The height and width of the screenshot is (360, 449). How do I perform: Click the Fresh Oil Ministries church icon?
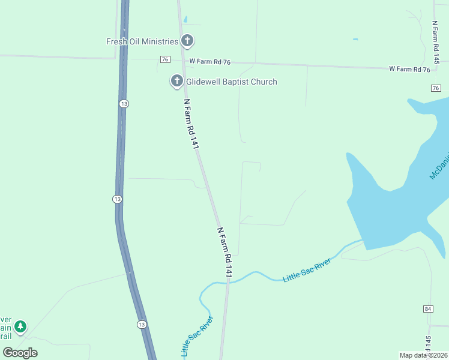pyautogui.click(x=188, y=41)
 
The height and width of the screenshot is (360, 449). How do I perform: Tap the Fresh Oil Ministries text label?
pyautogui.click(x=142, y=41)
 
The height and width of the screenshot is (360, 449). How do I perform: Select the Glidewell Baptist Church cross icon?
pyautogui.click(x=177, y=80)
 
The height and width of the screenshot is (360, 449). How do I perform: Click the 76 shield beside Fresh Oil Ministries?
pyautogui.click(x=165, y=59)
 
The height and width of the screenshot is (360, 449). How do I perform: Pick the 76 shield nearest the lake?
pyautogui.click(x=436, y=88)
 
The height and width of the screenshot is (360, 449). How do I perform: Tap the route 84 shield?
pyautogui.click(x=427, y=308)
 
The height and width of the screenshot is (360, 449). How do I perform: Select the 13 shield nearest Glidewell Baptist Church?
pyautogui.click(x=124, y=104)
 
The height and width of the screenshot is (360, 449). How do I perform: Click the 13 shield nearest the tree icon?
pyautogui.click(x=141, y=325)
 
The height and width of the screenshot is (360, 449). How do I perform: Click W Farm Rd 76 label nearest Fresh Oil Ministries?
pyautogui.click(x=210, y=62)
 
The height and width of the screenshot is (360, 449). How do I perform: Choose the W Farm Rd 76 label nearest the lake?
pyautogui.click(x=409, y=70)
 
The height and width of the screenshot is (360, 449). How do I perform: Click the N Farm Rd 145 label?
pyautogui.click(x=436, y=43)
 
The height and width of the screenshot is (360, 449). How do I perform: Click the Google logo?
pyautogui.click(x=20, y=353)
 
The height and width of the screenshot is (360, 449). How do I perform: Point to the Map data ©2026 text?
pyautogui.click(x=423, y=355)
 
